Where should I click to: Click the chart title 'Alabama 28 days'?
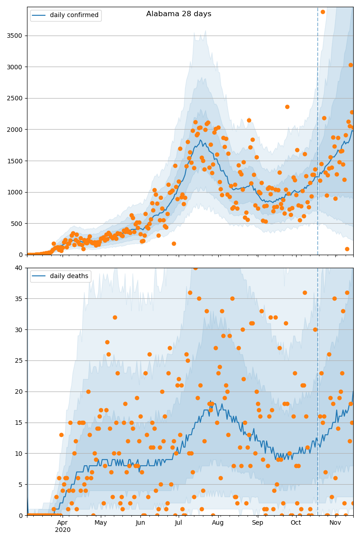click(x=179, y=14)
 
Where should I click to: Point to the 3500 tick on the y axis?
click(x=14, y=36)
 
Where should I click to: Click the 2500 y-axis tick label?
click(x=14, y=98)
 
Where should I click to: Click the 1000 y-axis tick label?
click(x=14, y=192)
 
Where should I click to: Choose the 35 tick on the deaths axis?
click(x=18, y=298)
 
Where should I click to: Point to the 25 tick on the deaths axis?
click(x=18, y=360)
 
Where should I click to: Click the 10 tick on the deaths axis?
click(x=18, y=454)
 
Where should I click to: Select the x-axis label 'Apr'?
click(x=63, y=522)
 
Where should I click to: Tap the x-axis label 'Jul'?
click(x=179, y=522)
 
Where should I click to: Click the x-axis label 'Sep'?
click(x=257, y=522)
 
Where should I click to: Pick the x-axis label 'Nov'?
click(x=335, y=522)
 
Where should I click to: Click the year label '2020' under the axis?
click(x=63, y=530)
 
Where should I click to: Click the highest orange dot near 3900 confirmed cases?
click(x=323, y=12)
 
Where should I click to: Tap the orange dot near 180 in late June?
click(x=174, y=243)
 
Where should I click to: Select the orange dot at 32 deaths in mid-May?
click(x=115, y=317)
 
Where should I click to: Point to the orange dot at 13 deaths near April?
click(x=61, y=435)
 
